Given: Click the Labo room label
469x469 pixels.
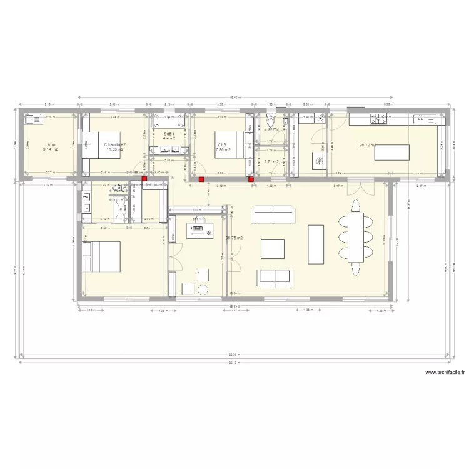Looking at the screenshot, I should click(x=51, y=144).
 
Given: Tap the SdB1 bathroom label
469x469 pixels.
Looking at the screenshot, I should click(x=169, y=134).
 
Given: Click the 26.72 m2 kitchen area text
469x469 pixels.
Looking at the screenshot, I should click(x=366, y=144).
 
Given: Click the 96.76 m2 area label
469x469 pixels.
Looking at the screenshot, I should click(x=234, y=238).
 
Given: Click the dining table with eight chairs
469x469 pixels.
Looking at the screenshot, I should click(x=356, y=238).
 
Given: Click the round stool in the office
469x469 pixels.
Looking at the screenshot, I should click(x=203, y=289).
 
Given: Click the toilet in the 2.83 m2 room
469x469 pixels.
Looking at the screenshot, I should click(x=271, y=121).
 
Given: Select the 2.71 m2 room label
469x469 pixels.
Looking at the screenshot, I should click(x=271, y=161).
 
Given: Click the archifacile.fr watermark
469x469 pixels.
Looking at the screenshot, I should click(x=445, y=373).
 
